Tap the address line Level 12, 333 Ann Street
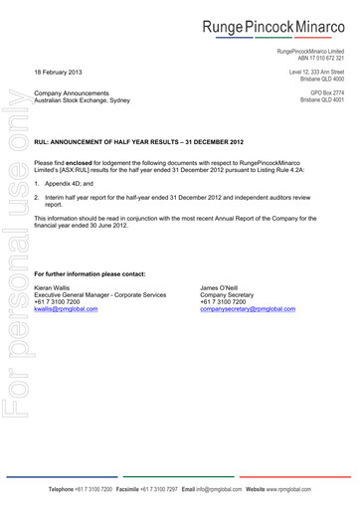pyautogui.click(x=316, y=73)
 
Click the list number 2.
pyautogui.click(x=37, y=199)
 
